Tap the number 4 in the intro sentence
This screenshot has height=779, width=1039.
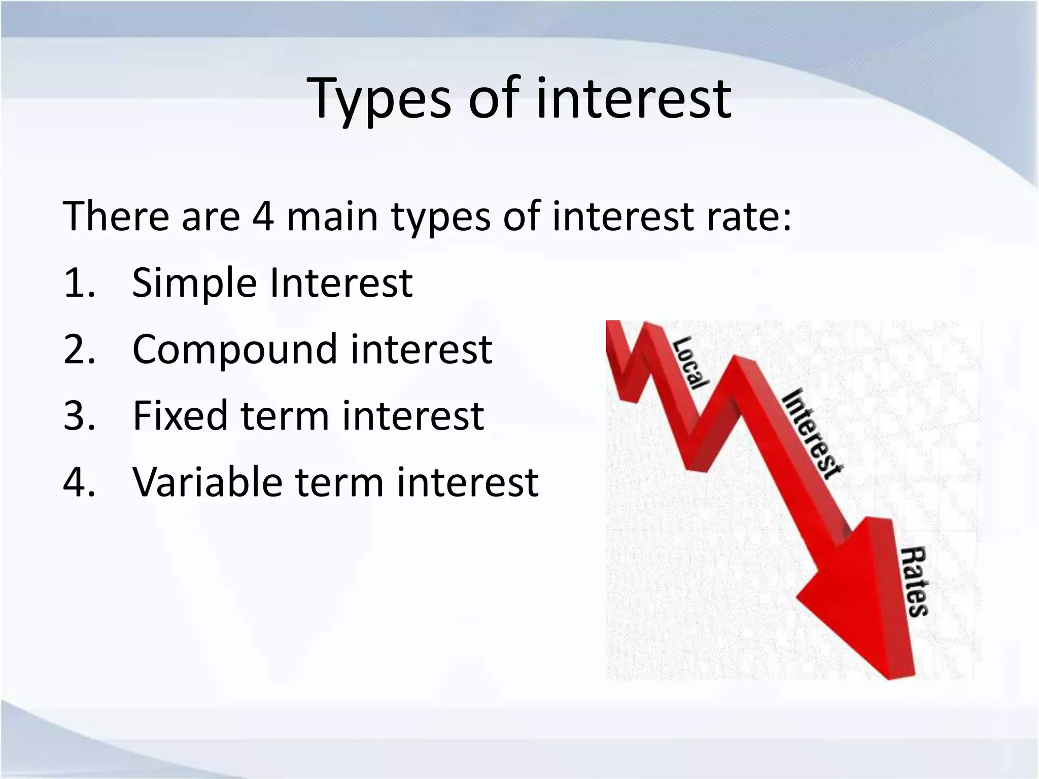[263, 216]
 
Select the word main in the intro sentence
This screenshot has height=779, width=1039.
[332, 216]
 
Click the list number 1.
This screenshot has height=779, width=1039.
[79, 283]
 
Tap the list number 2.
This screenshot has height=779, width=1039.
[79, 349]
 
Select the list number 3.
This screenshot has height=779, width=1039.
[79, 416]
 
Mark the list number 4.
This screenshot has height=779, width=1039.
[79, 482]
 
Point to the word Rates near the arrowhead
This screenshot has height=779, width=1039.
[913, 581]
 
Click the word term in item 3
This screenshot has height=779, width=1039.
[284, 415]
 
